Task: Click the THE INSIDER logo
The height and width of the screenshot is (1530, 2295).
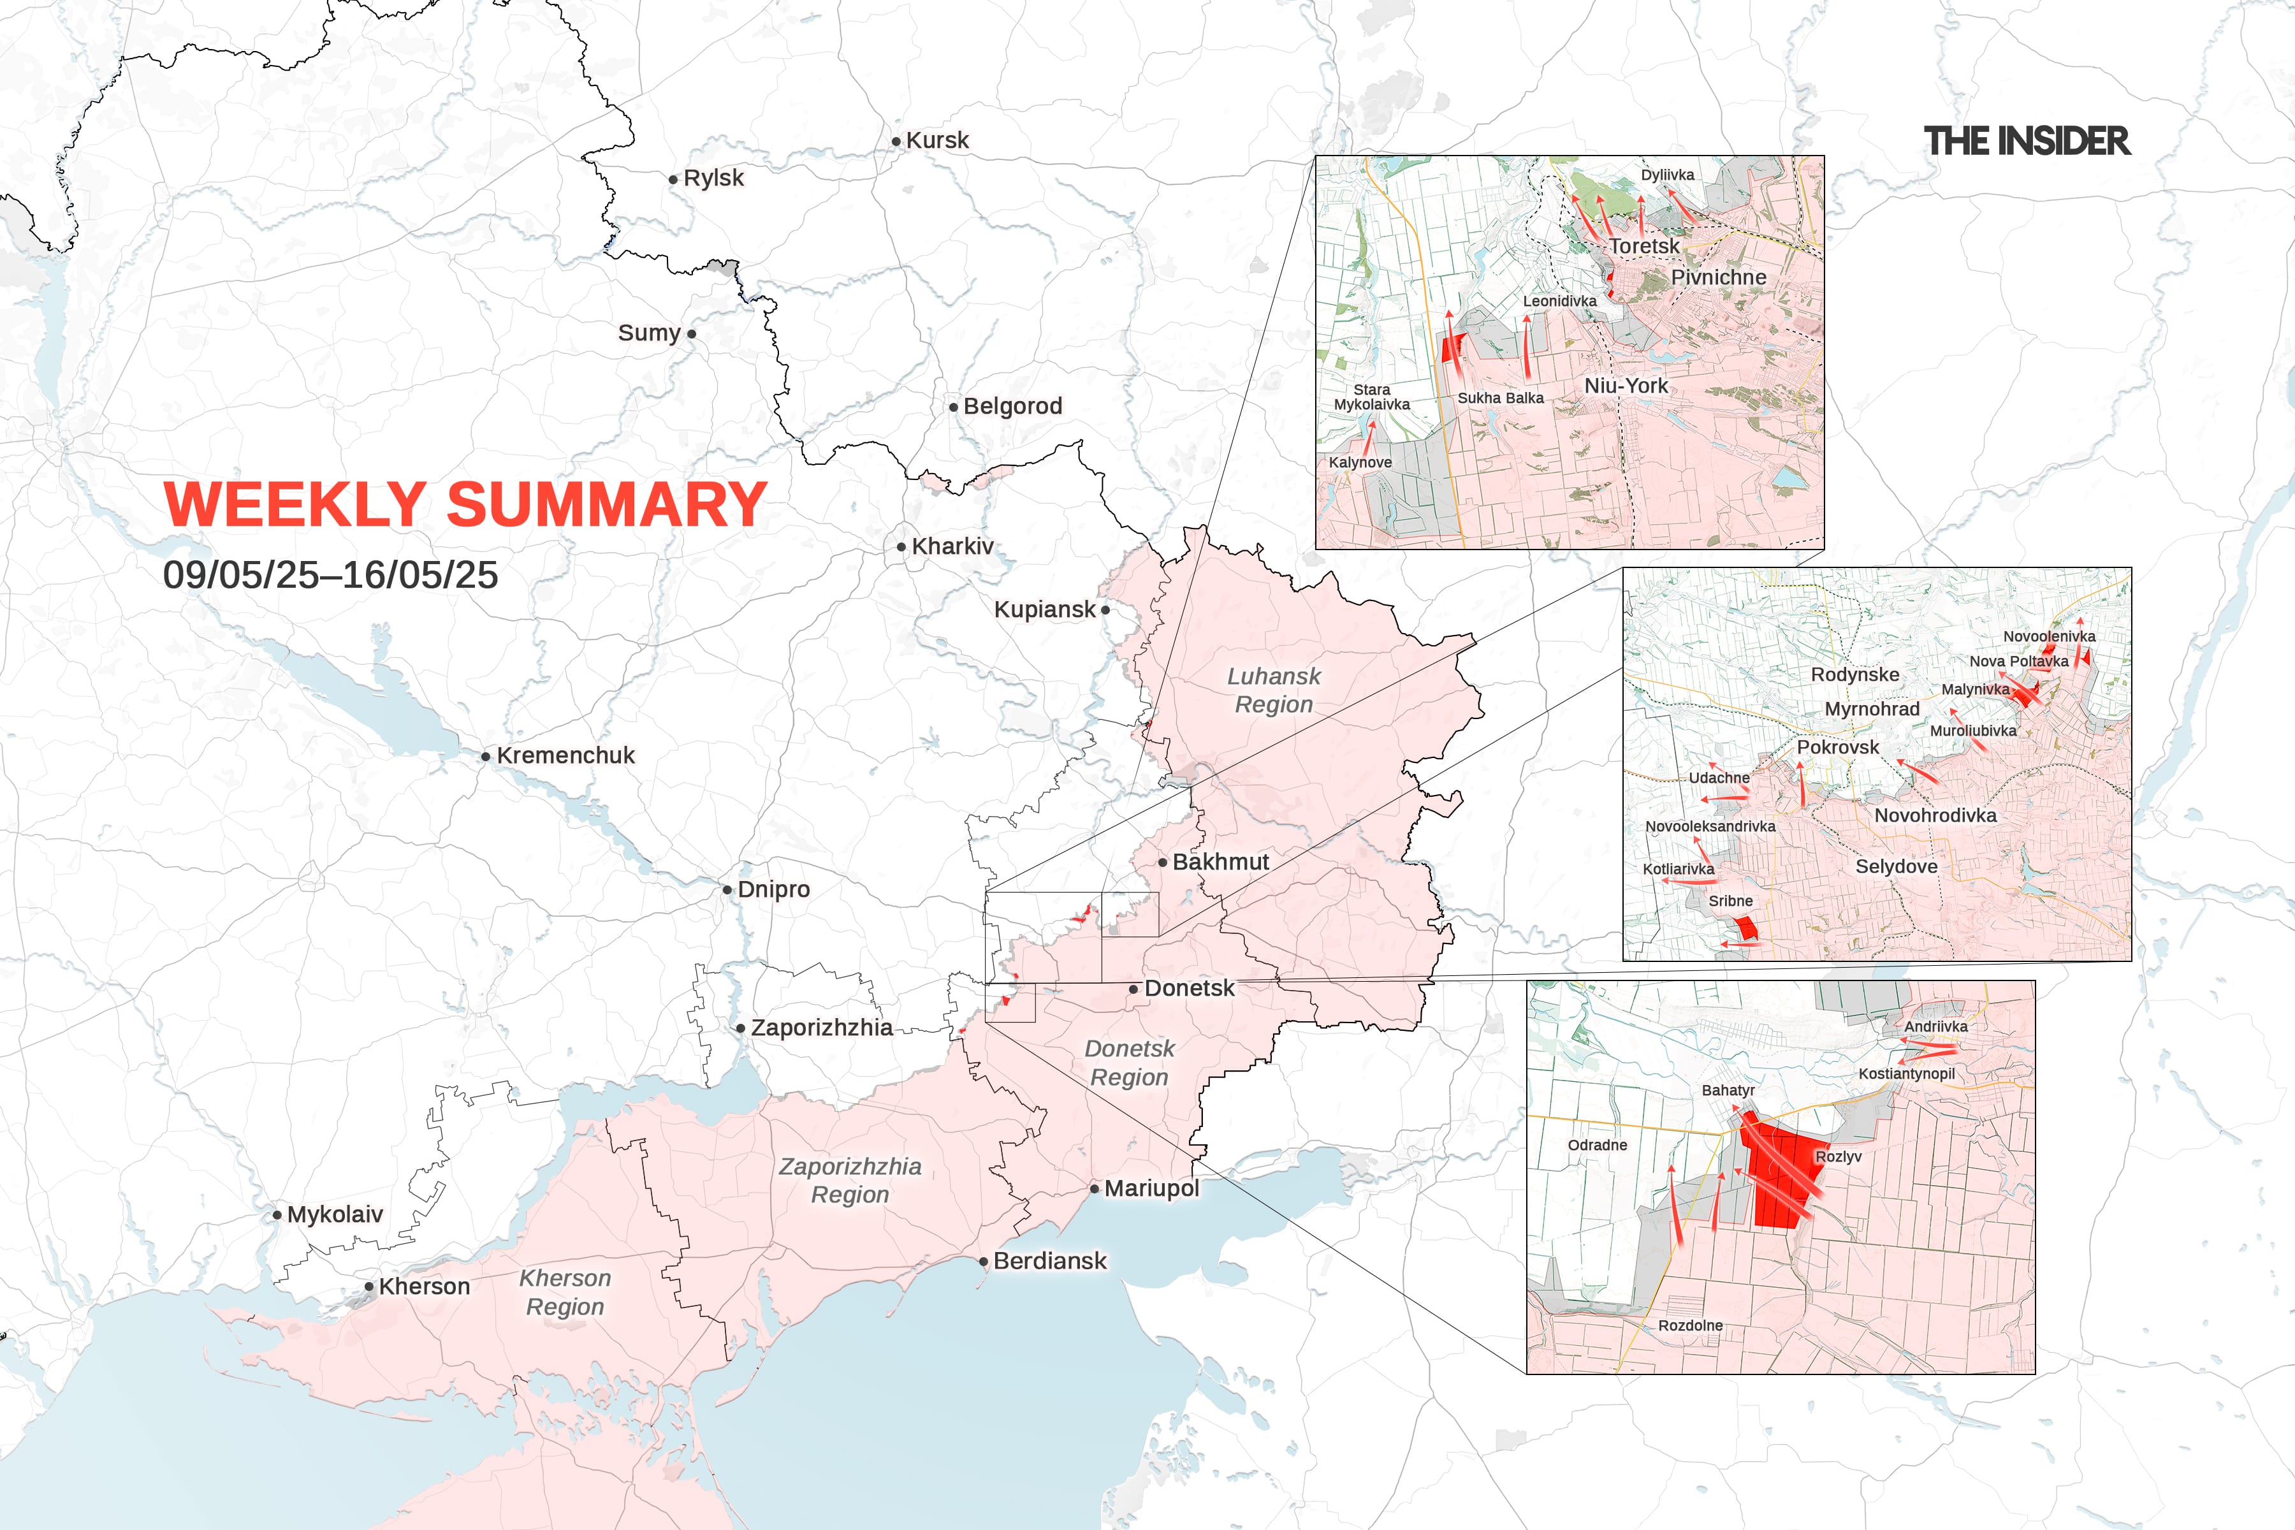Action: pos(2027,142)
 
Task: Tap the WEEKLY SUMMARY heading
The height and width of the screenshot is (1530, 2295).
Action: pos(465,504)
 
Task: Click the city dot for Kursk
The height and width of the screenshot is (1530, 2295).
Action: pos(896,142)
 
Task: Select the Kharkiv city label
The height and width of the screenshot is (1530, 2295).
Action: pos(952,546)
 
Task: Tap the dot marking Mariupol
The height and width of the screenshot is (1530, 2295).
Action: pos(1095,1188)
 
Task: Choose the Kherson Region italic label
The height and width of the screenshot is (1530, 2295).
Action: pos(565,1292)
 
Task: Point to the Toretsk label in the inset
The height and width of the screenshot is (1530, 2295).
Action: pos(1644,247)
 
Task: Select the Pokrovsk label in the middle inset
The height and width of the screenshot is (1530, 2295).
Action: pos(1837,747)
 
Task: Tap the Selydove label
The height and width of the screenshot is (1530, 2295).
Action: pos(1896,866)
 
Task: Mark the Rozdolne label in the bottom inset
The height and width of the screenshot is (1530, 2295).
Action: pos(1690,1325)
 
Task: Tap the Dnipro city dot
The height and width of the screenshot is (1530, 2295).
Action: pos(727,890)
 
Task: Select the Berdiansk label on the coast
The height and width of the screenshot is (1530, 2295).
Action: pos(1050,1261)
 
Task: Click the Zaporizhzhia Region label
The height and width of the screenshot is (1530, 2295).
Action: pos(850,1181)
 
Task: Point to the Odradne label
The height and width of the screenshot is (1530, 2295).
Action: pos(1598,1144)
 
